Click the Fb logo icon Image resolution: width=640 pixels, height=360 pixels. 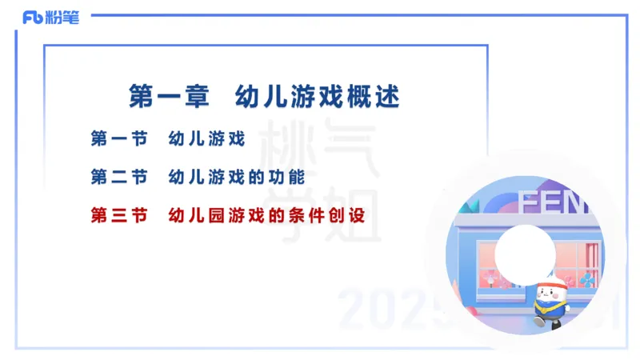(33, 18)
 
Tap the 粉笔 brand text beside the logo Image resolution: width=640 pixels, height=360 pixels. (62, 18)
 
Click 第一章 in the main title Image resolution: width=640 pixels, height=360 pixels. (169, 97)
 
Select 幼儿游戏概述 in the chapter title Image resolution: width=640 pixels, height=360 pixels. (317, 97)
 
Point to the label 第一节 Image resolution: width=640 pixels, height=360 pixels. (118, 138)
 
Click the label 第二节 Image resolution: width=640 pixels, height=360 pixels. (118, 176)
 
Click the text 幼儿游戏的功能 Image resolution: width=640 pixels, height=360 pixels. (237, 176)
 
